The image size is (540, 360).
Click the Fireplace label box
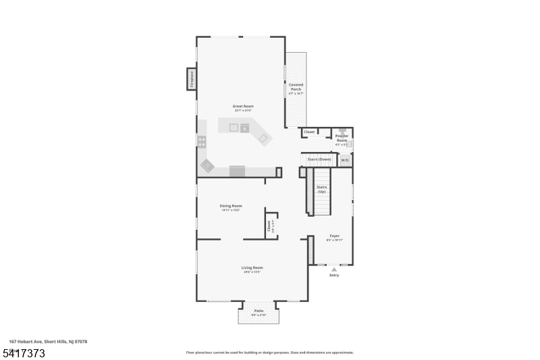(x=192, y=79)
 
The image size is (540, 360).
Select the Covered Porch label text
(x=296, y=87)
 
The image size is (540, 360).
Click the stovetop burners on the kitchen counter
(x=201, y=142)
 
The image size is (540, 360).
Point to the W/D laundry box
(x=344, y=160)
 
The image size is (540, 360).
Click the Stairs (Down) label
(x=319, y=159)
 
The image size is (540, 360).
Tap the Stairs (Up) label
(x=321, y=188)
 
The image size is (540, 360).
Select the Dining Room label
(x=231, y=206)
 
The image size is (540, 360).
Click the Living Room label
(x=252, y=268)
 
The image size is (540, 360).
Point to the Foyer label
(x=334, y=236)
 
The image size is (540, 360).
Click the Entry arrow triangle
(x=333, y=269)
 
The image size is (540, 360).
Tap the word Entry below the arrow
(x=334, y=276)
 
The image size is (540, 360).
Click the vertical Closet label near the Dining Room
(x=268, y=226)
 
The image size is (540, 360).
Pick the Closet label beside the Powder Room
(x=309, y=132)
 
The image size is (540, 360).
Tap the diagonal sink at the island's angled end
(x=264, y=138)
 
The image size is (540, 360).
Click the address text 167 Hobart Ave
(x=48, y=342)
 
